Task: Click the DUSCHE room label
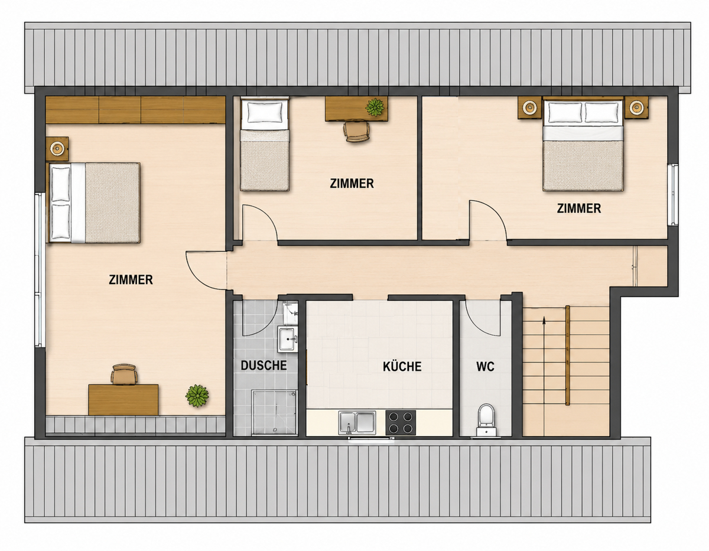click(264, 366)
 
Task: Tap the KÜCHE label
click(402, 366)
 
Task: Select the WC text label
click(485, 367)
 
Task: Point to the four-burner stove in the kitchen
click(401, 422)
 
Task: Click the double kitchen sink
click(357, 422)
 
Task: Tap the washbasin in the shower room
click(288, 340)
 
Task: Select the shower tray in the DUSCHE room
click(274, 412)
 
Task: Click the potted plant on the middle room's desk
click(375, 107)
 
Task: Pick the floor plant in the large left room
click(197, 396)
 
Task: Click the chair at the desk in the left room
click(124, 374)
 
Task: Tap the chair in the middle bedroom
click(357, 131)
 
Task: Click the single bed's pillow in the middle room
click(265, 112)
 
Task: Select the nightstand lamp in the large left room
click(57, 149)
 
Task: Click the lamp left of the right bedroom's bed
click(529, 107)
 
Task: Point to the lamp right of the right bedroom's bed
click(636, 107)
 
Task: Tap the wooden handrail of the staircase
click(568, 356)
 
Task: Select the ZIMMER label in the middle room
click(352, 184)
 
